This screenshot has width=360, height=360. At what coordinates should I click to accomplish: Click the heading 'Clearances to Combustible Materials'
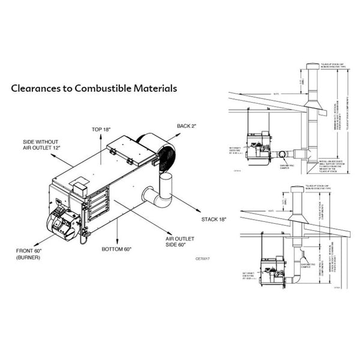pos(94,88)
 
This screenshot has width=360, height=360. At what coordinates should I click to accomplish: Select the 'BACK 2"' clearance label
pos(187,126)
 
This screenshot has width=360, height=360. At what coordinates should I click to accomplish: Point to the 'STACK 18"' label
pos(215,220)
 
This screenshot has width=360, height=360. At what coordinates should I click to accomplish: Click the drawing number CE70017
pos(204,259)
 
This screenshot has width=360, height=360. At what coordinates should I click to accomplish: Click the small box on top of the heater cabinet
pos(77,188)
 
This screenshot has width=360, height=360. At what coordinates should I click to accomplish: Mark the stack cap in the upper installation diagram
pos(311,65)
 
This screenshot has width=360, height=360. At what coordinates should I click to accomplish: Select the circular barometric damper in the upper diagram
pos(282,154)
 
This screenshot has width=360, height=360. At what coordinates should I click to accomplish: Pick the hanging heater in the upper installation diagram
pos(259,148)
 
